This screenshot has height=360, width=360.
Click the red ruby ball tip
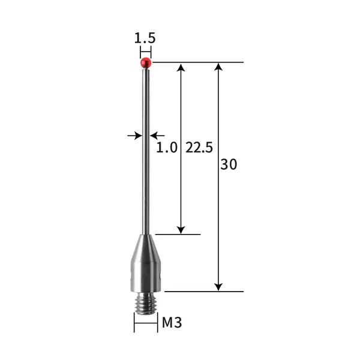coord(145,62)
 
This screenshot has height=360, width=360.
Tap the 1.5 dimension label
coord(145,37)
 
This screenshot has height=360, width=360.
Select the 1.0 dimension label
coord(167,148)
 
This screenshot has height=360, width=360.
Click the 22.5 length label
coord(199,148)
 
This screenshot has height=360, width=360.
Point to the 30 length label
coord(229,164)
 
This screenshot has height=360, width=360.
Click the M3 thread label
coord(172,323)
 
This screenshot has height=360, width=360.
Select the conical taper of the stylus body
coord(145,246)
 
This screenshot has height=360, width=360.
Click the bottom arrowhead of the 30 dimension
coord(219,286)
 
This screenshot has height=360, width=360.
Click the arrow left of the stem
coord(135,136)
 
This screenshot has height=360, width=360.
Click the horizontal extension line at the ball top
coord(198,62)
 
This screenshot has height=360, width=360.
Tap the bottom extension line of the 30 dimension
coord(204,292)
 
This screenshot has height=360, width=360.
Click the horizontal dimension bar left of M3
coord(145,323)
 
